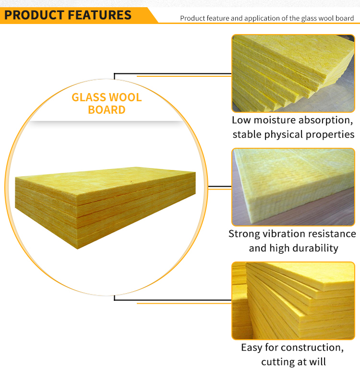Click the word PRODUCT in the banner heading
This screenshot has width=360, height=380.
pos(34,15)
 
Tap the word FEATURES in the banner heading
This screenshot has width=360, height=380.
pos(100,15)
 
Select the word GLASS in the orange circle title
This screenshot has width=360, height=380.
pos(89,97)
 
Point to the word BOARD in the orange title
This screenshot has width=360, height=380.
pos(107,110)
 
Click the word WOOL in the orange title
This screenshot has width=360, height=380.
pos(125,97)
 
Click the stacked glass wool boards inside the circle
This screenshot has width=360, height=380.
pos(105,208)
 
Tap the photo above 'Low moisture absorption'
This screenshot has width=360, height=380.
pos(293,73)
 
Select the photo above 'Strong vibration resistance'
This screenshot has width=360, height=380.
pos(293,187)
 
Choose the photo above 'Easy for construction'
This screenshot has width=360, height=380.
pos(293,300)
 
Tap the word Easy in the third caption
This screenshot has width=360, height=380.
pos(252,348)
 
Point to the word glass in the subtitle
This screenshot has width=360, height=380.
pos(308,19)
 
